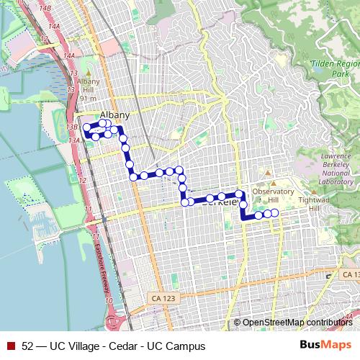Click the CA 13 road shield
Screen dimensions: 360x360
coord(349,275)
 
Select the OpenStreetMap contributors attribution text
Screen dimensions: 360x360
coord(297,322)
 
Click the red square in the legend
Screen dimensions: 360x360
coord(11,346)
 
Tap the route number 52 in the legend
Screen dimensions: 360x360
coord(27,346)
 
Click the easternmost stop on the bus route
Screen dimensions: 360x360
coord(274,212)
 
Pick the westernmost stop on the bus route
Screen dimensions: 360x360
coord(86,129)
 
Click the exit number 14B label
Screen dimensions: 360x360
coord(46,6)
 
